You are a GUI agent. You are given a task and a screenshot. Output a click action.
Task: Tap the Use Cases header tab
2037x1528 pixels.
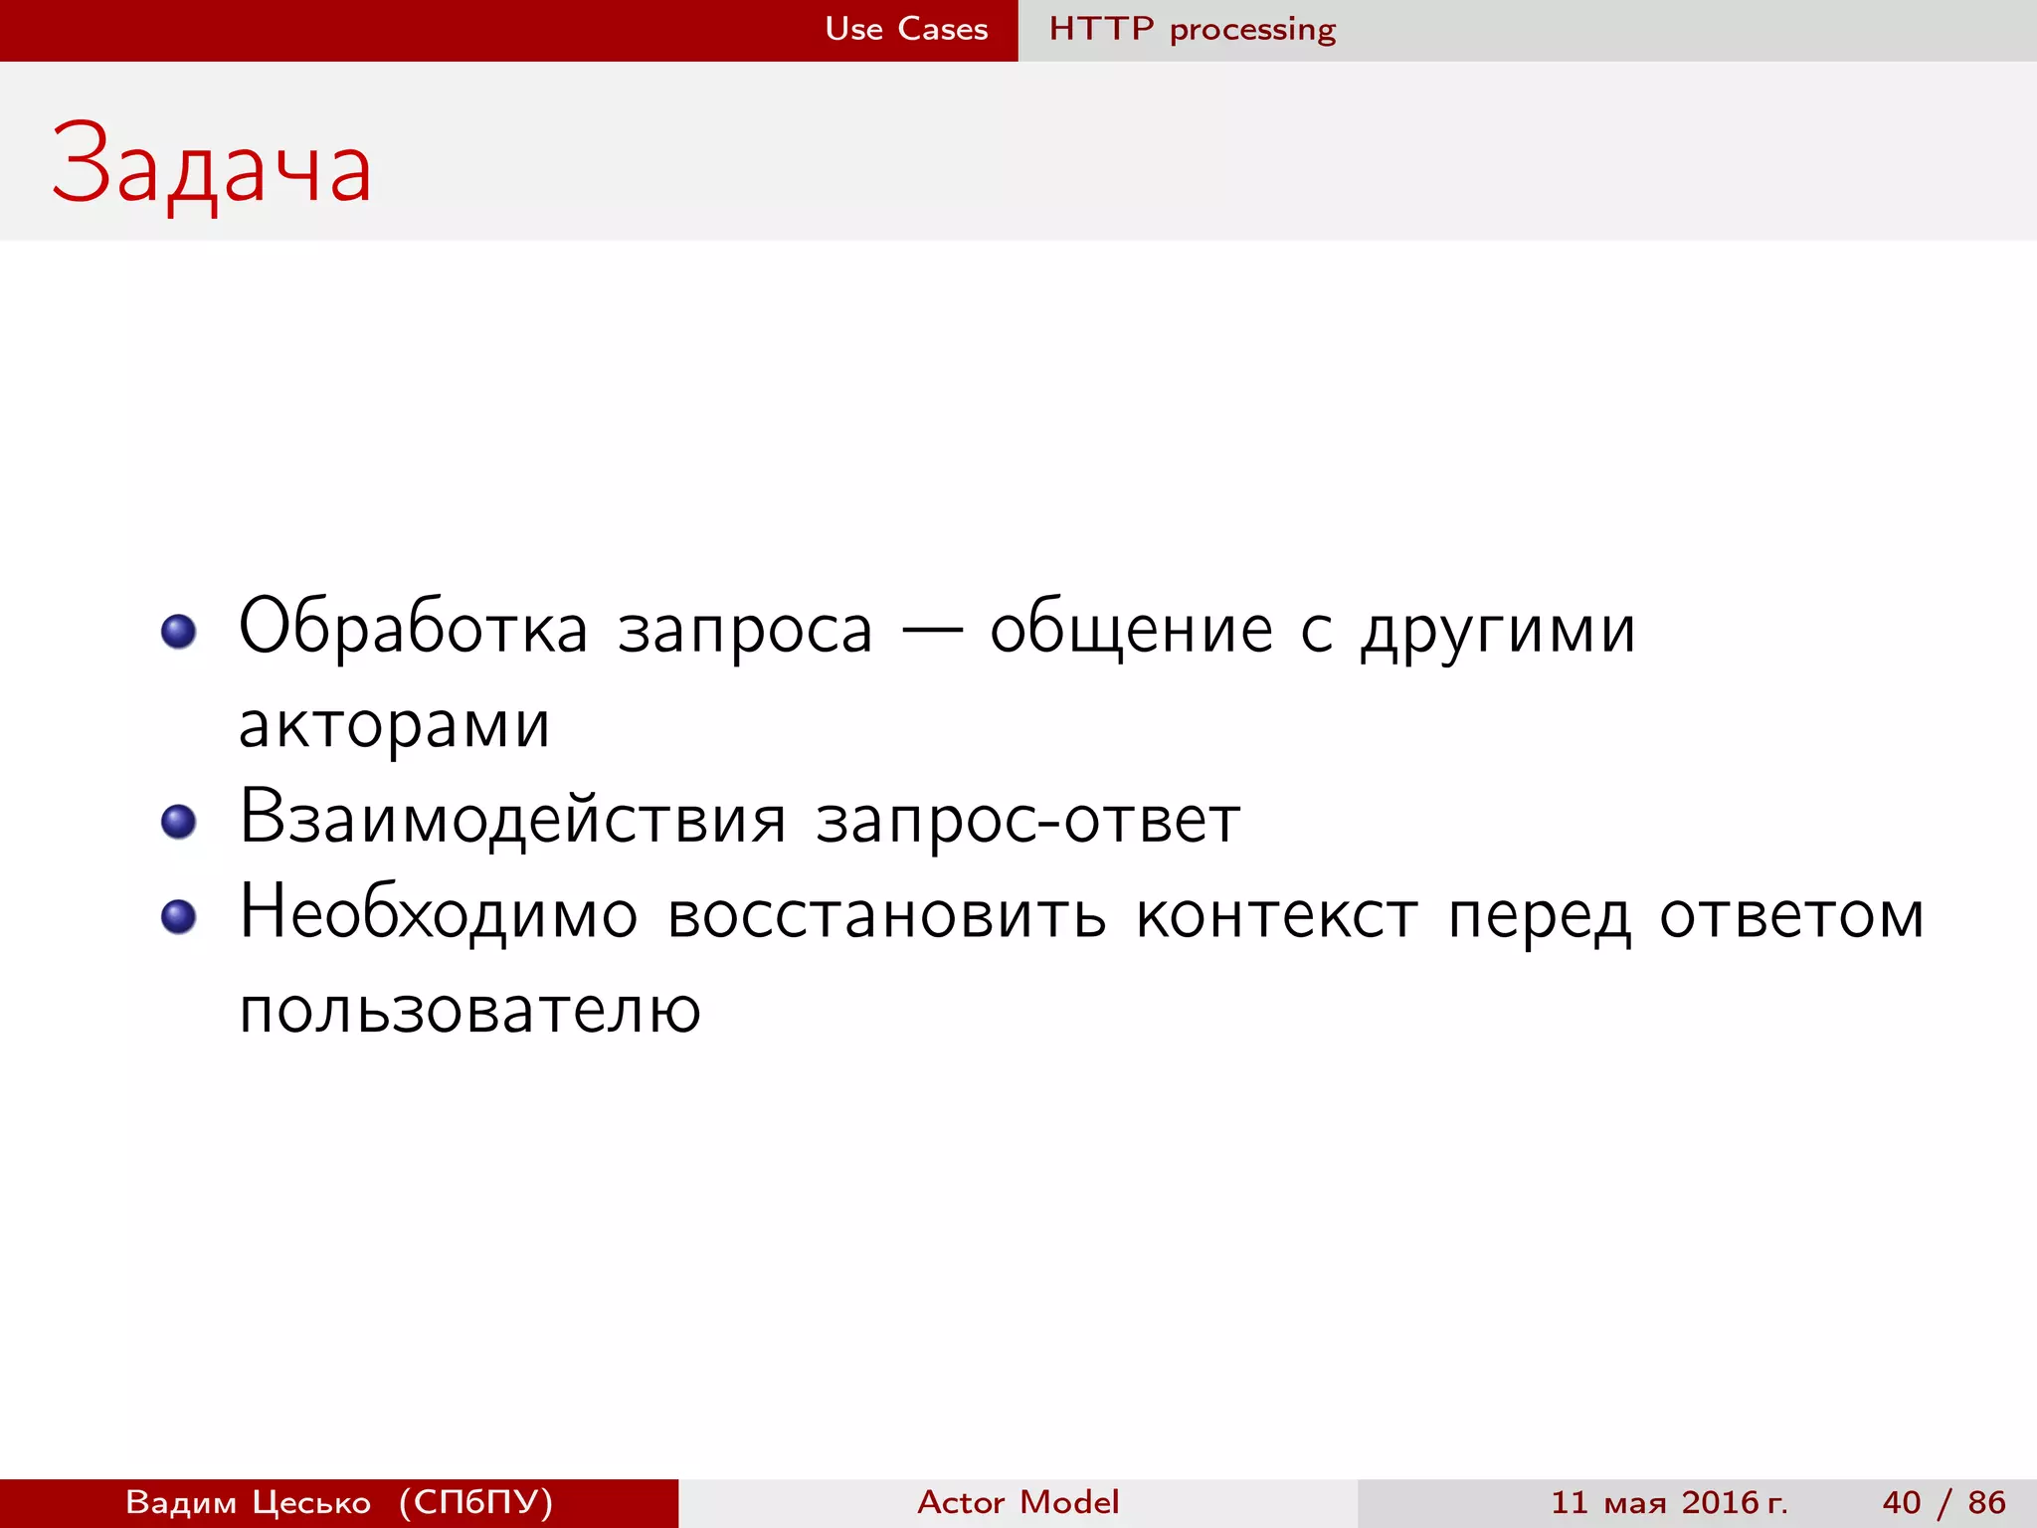906,29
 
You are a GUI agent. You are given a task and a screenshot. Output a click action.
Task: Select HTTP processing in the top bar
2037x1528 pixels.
1192,29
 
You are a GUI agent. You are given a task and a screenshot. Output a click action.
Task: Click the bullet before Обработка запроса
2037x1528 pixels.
179,631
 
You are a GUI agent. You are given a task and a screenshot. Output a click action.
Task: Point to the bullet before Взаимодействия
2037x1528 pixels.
179,821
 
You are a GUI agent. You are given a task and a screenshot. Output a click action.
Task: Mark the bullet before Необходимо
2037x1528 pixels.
179,916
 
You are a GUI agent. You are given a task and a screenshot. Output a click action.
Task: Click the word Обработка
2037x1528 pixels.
413,628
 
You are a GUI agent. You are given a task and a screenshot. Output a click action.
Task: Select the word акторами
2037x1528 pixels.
394,725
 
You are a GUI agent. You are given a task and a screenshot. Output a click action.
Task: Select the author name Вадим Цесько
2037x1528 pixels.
248,1502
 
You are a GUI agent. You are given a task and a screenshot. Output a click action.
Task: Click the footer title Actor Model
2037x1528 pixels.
1018,1502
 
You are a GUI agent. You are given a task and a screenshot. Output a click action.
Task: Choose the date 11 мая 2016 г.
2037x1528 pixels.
1669,1502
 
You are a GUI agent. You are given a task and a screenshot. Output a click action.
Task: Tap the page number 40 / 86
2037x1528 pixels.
1944,1502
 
